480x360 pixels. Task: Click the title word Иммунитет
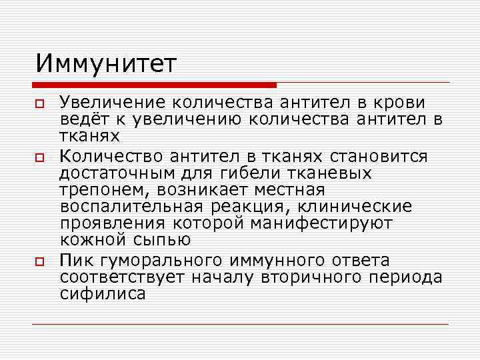pos(107,65)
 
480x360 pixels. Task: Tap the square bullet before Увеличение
pos(40,104)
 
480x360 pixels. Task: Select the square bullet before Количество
pos(40,157)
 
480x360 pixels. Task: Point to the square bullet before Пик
pos(40,261)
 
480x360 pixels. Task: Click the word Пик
pos(75,259)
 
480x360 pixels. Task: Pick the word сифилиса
pos(102,293)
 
